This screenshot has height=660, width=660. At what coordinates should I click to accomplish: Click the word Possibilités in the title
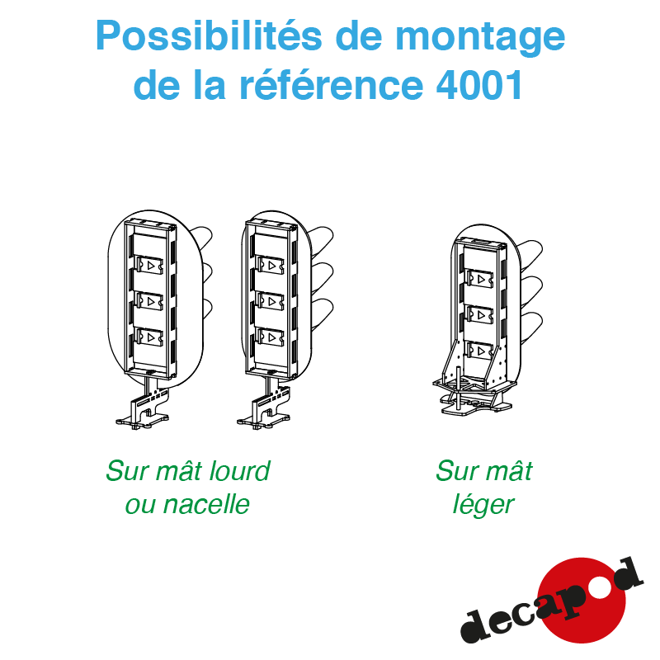pos(209,35)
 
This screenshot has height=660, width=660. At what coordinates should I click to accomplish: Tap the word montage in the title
pos(480,39)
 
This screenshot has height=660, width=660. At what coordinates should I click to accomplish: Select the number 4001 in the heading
pos(480,85)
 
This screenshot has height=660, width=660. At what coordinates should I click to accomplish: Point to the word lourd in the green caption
pos(239,470)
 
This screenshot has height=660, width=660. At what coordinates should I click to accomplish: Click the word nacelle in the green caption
pos(206,504)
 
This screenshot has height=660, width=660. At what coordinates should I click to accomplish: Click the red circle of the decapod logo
pos(582,600)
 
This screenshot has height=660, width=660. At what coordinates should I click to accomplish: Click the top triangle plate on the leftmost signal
pos(149,265)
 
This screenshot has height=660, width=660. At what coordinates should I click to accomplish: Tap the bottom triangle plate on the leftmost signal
pos(149,337)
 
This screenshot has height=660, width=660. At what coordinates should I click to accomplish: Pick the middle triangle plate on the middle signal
pos(271,301)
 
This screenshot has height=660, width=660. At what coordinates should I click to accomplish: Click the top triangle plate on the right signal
pos(480,279)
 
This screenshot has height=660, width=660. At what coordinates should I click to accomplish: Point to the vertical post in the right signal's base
pos(458,388)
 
